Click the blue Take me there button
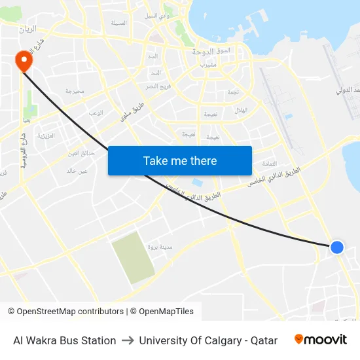[x=180, y=160]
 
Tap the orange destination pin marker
[x=24, y=61]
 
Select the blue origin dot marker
[x=336, y=247]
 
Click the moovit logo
[x=320, y=340]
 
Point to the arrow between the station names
[x=128, y=340]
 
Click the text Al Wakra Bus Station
[x=65, y=340]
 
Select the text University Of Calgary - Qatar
[x=208, y=340]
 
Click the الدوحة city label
[x=205, y=50]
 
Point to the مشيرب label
[x=209, y=65]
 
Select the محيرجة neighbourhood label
[x=75, y=92]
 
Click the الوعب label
[x=96, y=113]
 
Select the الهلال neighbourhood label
[x=241, y=110]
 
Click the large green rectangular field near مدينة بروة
[x=134, y=257]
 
